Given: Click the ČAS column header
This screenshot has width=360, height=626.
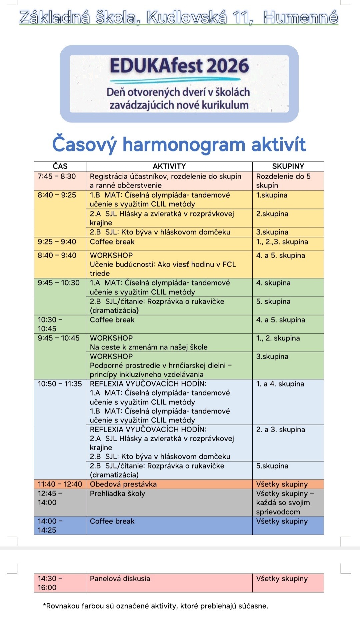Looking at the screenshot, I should coord(60,166).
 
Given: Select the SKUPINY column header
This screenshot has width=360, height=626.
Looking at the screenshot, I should coord(288,166).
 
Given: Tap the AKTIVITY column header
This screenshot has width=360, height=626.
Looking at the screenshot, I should coord(169,166).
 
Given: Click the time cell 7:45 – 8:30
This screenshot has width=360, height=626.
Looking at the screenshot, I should coord(57,176).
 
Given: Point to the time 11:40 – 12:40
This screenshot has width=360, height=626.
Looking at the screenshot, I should coord(60,484).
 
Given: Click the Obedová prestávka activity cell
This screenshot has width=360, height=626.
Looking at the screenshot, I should coord(123,484).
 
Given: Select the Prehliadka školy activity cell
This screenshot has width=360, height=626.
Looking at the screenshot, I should coord(117,494).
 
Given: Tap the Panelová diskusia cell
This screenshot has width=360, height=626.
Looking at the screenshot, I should coord(120,579).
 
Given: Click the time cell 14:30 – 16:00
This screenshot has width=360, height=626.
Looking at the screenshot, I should coord(50,583).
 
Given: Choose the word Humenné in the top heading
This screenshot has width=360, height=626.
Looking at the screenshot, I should coord(301,17).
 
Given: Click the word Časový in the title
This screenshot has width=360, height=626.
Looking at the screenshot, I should coord(84,144).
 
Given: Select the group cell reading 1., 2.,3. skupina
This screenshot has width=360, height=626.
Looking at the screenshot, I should coord(282,242).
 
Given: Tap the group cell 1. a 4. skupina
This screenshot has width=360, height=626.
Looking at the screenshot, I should coord(280,384).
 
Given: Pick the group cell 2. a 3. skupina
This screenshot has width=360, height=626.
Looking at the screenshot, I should coord(280,430).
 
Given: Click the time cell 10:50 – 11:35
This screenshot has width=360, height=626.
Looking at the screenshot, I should coord(60,384).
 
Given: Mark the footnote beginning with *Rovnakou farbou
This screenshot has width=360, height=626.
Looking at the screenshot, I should coord(155,606).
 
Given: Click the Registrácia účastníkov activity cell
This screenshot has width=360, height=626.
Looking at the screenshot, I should coord(165,181).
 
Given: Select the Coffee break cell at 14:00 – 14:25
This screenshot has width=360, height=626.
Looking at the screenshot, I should coord(112,521).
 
